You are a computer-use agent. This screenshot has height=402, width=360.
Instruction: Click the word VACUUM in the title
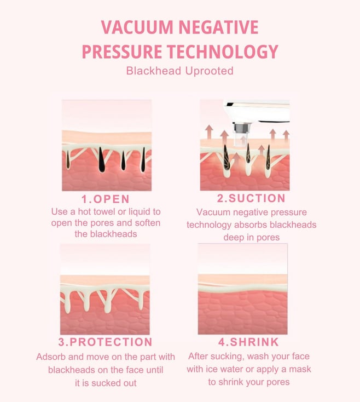click(x=137, y=27)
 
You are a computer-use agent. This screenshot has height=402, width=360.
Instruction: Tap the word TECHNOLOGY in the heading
click(x=223, y=51)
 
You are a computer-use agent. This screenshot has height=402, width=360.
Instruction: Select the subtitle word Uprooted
click(x=209, y=71)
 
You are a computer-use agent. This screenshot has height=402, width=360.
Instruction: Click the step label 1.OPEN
click(x=106, y=199)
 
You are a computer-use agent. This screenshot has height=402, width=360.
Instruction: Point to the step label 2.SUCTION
click(x=251, y=198)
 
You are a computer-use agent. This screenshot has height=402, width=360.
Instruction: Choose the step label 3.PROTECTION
click(x=105, y=342)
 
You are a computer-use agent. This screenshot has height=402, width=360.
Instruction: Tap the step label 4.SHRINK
click(x=248, y=342)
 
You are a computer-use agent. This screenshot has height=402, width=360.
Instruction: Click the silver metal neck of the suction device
click(x=241, y=128)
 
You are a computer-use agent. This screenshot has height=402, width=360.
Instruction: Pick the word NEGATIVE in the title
click(x=218, y=27)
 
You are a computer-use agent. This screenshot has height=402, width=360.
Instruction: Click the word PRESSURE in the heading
click(x=122, y=51)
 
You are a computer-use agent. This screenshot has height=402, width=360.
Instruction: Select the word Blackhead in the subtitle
click(x=154, y=71)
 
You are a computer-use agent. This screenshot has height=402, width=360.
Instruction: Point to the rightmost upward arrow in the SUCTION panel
click(x=286, y=136)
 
